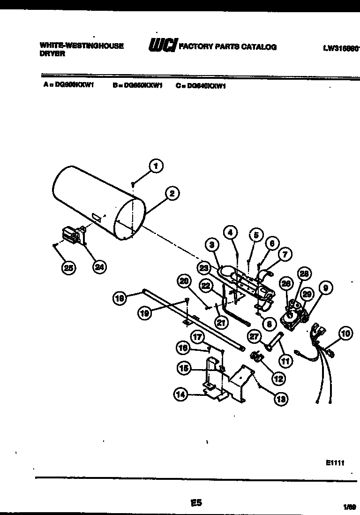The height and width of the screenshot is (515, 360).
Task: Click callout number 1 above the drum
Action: [156, 165]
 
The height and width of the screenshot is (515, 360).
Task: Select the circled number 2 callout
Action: [172, 193]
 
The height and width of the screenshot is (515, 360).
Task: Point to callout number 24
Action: [99, 267]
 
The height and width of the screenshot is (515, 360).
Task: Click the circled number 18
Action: [120, 298]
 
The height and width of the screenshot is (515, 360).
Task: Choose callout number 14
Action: [180, 395]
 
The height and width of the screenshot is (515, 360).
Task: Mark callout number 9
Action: [325, 287]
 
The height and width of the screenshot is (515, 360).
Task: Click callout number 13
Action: [281, 399]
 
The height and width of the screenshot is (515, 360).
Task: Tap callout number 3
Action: [211, 245]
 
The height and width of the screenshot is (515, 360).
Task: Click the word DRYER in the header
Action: [52, 54]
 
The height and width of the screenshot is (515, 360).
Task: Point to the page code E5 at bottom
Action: [196, 503]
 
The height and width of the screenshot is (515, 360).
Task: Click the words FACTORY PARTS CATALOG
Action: [228, 46]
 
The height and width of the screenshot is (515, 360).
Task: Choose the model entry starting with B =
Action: [137, 86]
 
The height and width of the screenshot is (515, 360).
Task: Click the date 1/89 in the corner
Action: [349, 507]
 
